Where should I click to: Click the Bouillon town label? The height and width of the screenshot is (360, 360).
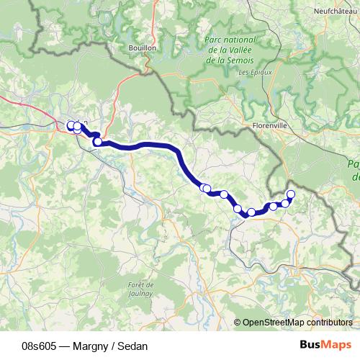(x=144, y=48)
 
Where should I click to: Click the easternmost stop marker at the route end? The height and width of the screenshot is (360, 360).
(x=291, y=194)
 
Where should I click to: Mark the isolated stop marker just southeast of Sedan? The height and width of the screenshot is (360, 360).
(x=97, y=142)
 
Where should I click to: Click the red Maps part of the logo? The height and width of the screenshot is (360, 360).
(x=336, y=345)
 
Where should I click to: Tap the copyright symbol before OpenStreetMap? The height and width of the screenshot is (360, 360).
(x=238, y=323)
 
